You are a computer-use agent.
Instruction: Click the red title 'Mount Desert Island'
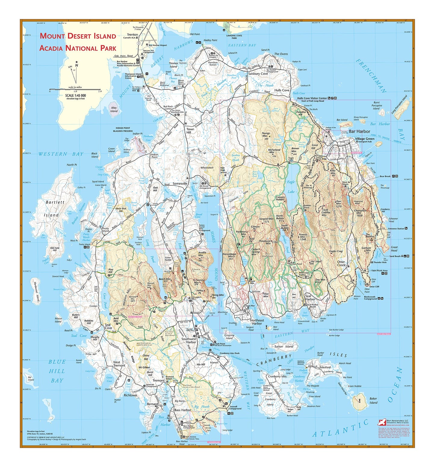pyautogui.click(x=78, y=36)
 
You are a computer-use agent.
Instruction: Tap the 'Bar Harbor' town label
pyautogui.click(x=359, y=131)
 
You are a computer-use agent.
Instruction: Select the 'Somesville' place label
pyautogui.click(x=180, y=183)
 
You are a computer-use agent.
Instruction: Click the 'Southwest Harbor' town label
pyautogui.click(x=189, y=340)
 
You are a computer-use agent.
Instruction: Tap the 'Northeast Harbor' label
pyautogui.click(x=257, y=322)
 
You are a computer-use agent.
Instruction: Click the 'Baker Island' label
pyautogui.click(x=373, y=401)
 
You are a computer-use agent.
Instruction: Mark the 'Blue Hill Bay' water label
pyautogui.click(x=57, y=371)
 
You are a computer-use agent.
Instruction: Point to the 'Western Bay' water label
pyautogui.click(x=61, y=154)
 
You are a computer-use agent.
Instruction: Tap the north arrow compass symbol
pyautogui.click(x=75, y=72)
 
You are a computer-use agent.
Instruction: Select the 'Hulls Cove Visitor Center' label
pyautogui.click(x=312, y=98)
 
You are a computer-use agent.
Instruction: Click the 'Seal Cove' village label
pyautogui.click(x=108, y=326)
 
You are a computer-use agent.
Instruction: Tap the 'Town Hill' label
pyautogui.click(x=190, y=131)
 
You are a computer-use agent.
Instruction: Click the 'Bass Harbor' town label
pyautogui.click(x=182, y=410)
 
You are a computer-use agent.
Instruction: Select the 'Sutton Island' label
pyautogui.click(x=284, y=346)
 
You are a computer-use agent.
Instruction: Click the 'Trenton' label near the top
pyautogui.click(x=132, y=35)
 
